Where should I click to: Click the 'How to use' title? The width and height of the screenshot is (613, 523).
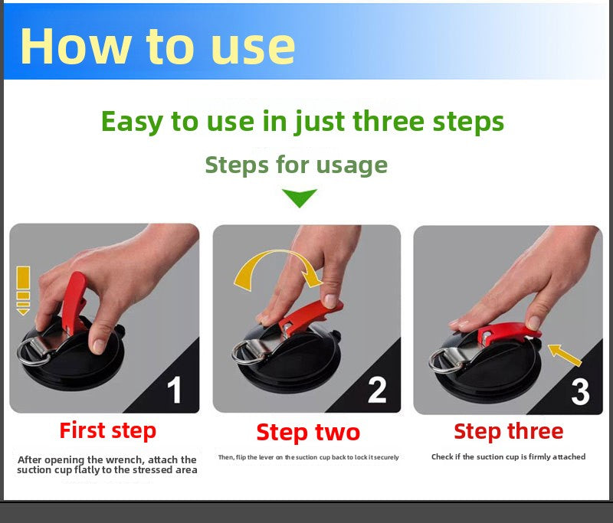pyautogui.click(x=158, y=46)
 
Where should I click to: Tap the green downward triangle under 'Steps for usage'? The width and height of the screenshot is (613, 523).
pyautogui.click(x=300, y=198)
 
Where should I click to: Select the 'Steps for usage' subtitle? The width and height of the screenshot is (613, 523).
pyautogui.click(x=297, y=165)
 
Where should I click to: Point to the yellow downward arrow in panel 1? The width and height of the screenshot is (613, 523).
pyautogui.click(x=23, y=290)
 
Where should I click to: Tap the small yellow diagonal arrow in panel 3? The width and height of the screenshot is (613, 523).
pyautogui.click(x=564, y=355)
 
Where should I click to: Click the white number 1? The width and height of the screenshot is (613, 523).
pyautogui.click(x=175, y=390)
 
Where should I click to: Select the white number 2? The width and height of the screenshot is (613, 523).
pyautogui.click(x=377, y=390)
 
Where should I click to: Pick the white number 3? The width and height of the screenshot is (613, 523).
pyautogui.click(x=580, y=391)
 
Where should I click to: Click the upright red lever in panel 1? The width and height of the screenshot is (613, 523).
pyautogui.click(x=74, y=302)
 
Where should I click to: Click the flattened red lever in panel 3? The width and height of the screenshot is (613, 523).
pyautogui.click(x=508, y=333)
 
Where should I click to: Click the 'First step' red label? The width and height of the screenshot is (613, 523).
pyautogui.click(x=108, y=431)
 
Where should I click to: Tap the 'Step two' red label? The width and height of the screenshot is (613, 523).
pyautogui.click(x=308, y=433)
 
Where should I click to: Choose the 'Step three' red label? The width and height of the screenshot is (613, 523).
pyautogui.click(x=509, y=432)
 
